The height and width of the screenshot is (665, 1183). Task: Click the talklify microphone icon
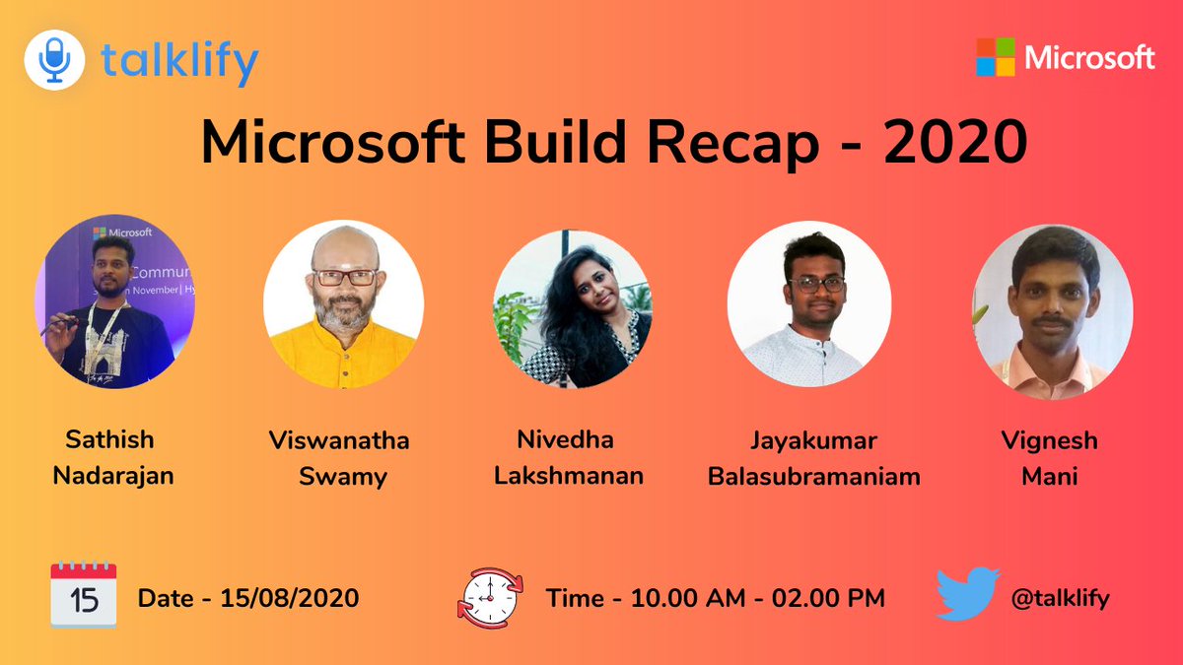click(x=54, y=60)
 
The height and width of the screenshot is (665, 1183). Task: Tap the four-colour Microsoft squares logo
click(x=995, y=57)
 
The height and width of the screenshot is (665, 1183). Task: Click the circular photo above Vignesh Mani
click(x=1053, y=309)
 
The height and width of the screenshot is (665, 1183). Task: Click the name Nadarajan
click(x=113, y=476)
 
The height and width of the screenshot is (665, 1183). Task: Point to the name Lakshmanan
click(x=569, y=476)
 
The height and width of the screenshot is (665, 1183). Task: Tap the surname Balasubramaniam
click(x=814, y=477)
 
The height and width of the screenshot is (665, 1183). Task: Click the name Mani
click(x=1050, y=477)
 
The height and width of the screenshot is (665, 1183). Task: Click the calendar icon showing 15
click(x=84, y=596)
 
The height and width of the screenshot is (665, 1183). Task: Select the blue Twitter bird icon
click(x=967, y=594)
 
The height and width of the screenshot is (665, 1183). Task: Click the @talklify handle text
click(x=1061, y=597)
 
